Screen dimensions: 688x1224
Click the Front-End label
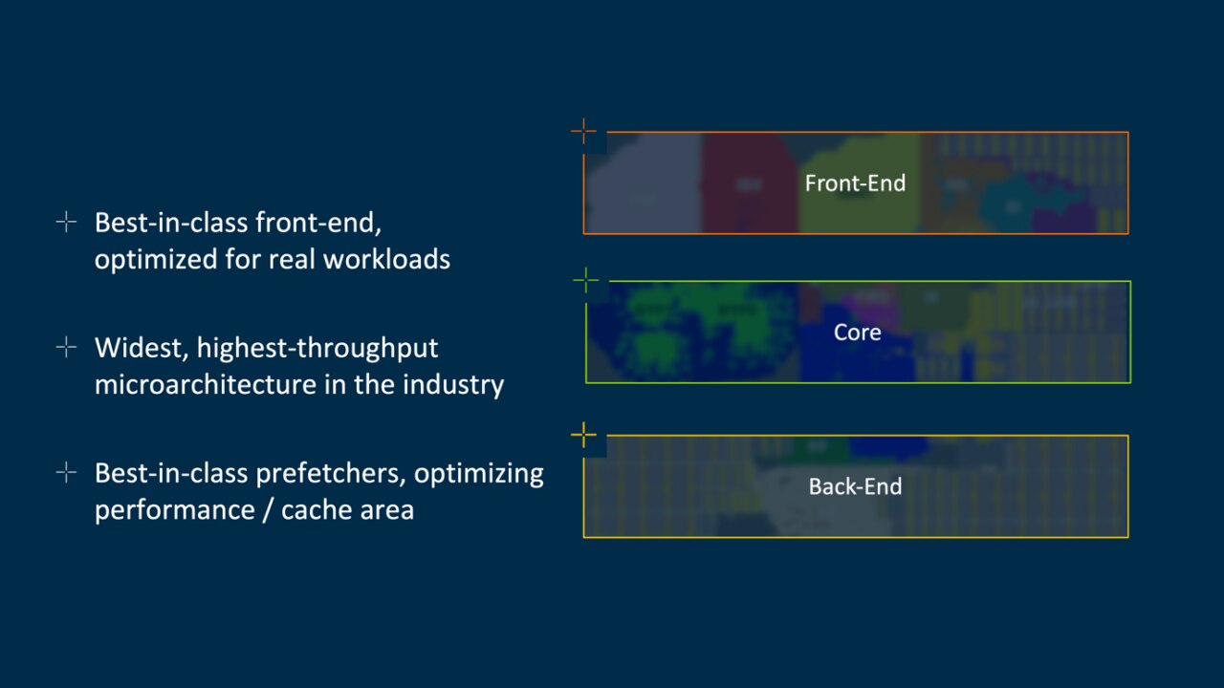coord(855,183)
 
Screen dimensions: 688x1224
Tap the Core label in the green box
coord(857,332)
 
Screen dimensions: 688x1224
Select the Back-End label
coord(855,486)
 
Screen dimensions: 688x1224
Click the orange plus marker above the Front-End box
coord(583,132)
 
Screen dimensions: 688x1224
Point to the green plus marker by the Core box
coord(585,281)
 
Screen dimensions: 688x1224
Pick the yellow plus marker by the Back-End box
coord(583,436)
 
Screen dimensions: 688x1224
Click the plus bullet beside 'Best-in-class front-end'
coord(66,223)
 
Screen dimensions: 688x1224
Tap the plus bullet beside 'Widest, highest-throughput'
coord(66,348)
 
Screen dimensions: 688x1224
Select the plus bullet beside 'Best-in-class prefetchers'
coord(66,473)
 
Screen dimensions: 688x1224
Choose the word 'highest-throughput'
coord(317,348)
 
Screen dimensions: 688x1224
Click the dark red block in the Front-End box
coord(749,183)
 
